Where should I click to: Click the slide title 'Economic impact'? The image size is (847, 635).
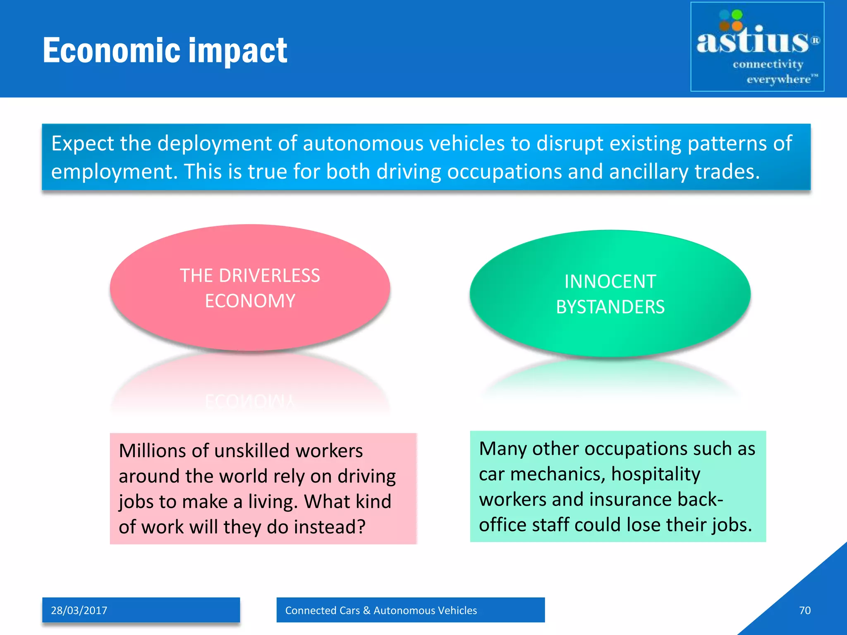click(165, 50)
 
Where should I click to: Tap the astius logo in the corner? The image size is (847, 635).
click(757, 47)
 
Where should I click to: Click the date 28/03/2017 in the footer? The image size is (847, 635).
click(79, 610)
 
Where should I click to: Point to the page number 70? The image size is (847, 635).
click(804, 610)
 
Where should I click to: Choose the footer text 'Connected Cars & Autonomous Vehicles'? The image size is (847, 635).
click(381, 610)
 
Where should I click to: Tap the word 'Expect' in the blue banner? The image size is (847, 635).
click(83, 144)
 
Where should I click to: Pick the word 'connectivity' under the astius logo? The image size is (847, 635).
click(768, 64)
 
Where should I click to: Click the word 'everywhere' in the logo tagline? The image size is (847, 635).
click(778, 79)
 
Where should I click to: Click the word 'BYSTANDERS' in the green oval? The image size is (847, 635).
click(610, 307)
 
